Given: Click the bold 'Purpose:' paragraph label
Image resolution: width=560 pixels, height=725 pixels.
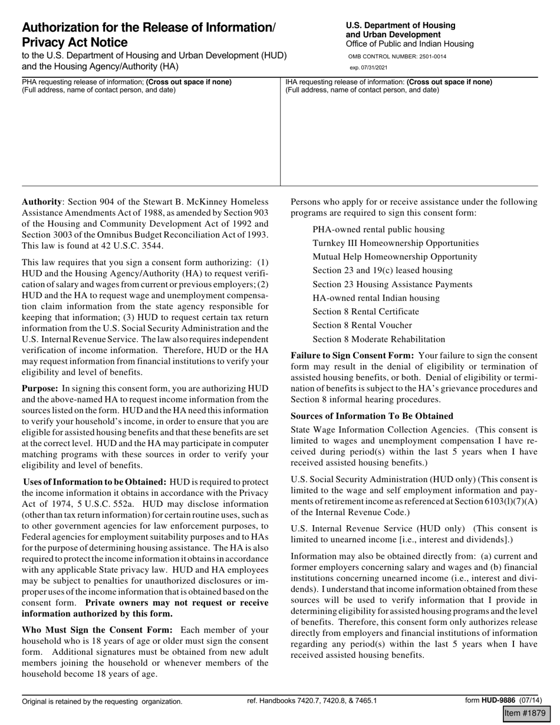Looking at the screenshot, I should coord(40,388).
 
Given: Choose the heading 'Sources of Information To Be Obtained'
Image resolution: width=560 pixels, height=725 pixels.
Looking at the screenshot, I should coord(372,416).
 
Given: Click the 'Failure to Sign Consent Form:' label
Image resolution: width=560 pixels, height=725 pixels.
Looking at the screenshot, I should coord(352,355).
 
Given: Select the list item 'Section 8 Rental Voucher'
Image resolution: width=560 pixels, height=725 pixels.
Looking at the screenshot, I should coord(363,325).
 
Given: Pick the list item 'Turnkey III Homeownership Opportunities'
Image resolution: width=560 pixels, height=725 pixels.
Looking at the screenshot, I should coord(396,243).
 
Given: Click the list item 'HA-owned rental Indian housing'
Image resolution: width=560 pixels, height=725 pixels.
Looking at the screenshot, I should coord(376,298).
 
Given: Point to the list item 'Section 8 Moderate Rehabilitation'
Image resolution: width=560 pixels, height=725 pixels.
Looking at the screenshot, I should coord(379,339).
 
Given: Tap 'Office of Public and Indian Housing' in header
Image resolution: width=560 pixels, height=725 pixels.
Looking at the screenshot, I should coord(410,44).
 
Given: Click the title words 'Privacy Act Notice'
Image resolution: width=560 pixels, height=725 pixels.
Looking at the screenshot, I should coord(75,42).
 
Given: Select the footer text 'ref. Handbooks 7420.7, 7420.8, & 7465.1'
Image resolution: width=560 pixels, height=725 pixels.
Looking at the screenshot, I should coord(312,701).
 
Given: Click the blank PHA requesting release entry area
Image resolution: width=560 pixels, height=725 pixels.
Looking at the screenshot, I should coord(150,141).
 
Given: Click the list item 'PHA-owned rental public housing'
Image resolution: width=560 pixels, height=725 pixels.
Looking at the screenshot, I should coord(378,229).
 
